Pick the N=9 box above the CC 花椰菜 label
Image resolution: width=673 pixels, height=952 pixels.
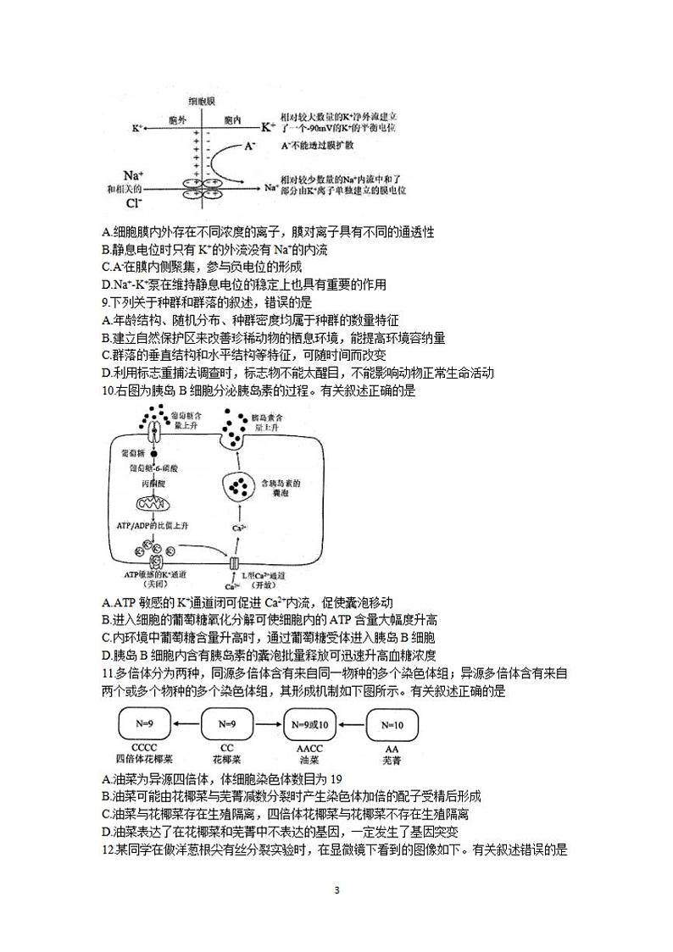(226, 724)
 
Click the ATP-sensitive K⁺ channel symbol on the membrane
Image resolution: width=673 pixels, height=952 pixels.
(154, 562)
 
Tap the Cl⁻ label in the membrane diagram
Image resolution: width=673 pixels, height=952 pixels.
(134, 203)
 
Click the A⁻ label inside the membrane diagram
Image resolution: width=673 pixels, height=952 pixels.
(249, 146)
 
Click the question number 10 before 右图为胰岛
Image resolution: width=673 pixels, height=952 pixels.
(107, 391)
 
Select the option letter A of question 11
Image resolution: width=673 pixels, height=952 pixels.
(105, 779)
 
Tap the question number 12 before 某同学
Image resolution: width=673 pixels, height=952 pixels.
(107, 850)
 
